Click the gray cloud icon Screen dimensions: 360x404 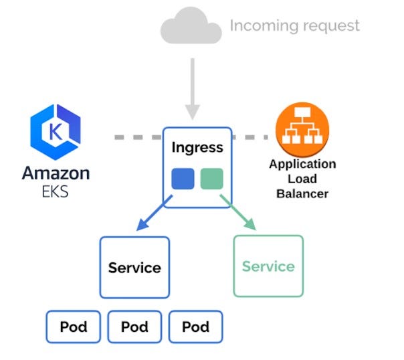[191, 27]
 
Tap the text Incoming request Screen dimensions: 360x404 [294, 26]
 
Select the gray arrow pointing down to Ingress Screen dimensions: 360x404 [193, 88]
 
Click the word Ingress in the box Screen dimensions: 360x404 [197, 147]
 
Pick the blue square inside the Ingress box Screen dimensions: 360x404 [183, 179]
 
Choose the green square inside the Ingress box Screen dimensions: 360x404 [211, 179]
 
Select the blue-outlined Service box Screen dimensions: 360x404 [134, 267]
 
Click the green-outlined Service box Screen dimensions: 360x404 [268, 266]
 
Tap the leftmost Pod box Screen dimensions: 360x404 [73, 327]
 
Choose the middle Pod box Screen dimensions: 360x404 [134, 327]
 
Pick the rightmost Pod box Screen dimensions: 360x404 [195, 327]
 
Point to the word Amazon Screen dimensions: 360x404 [56, 173]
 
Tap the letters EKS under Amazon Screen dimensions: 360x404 [56, 193]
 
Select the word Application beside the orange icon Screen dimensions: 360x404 [302, 164]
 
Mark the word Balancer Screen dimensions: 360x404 [302, 194]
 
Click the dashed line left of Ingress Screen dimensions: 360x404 [137, 137]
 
